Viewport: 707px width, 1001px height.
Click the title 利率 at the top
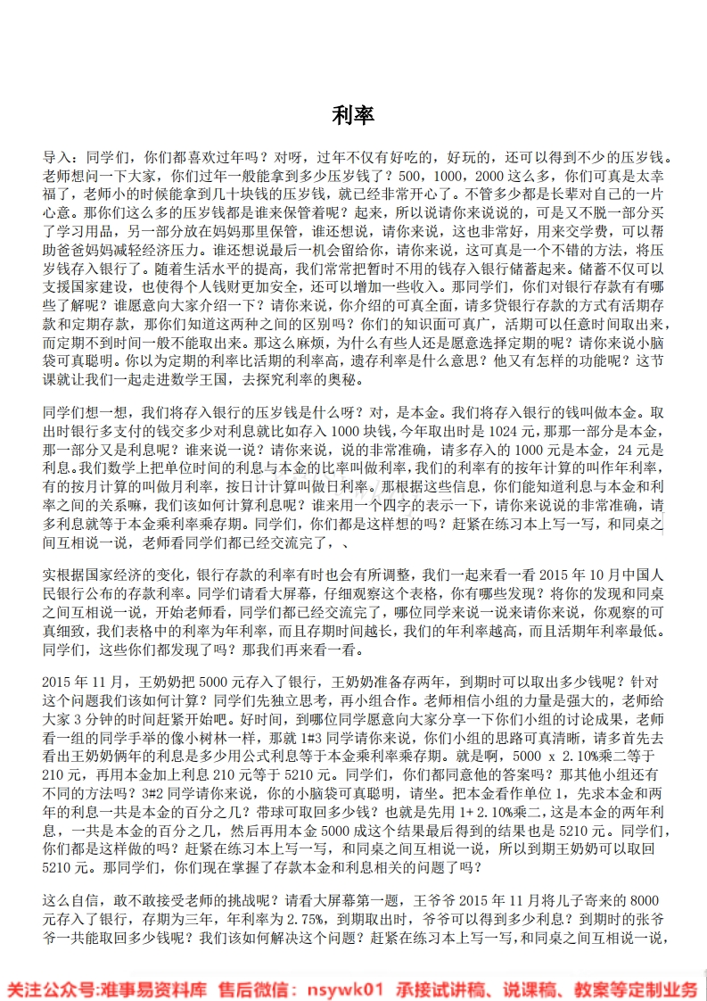(353, 115)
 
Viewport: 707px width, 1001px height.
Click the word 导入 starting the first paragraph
(56, 155)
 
